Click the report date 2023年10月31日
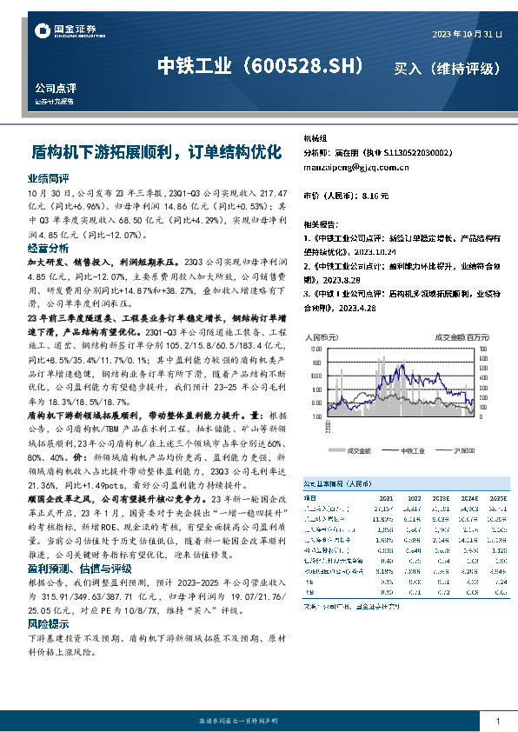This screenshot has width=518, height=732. [x=467, y=34]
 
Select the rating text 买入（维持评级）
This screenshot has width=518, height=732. [x=447, y=68]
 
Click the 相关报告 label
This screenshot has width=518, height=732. [x=321, y=223]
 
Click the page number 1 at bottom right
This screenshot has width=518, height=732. [x=496, y=721]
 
